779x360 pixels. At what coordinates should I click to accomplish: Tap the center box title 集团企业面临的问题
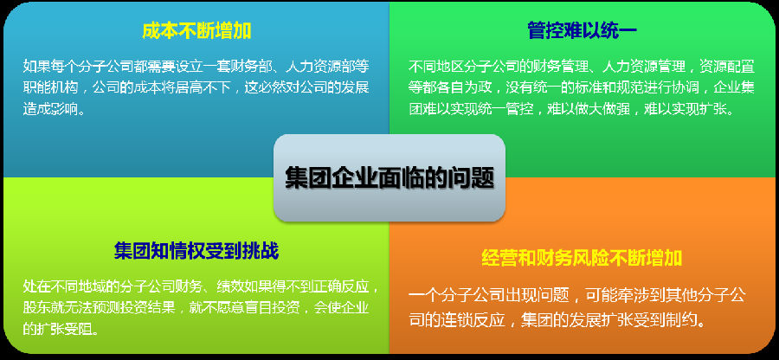coord(389,177)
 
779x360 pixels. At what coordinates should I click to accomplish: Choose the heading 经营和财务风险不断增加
coord(582,258)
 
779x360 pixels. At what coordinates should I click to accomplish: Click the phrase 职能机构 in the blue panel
coord(51,87)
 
